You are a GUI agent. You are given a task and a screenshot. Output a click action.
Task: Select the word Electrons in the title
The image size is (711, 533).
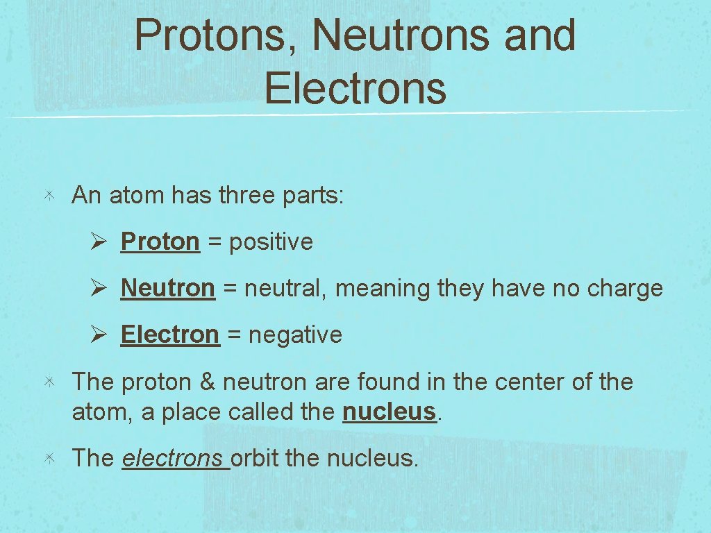coord(355,89)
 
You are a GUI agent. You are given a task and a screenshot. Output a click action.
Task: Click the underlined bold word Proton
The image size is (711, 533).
coord(160,242)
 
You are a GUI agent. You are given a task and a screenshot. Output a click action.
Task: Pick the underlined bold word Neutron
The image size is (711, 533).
coord(167,288)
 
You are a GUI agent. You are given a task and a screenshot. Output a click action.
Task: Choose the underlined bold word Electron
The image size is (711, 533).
coord(169,335)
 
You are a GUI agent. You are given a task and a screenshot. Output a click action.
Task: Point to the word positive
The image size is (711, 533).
coord(271,243)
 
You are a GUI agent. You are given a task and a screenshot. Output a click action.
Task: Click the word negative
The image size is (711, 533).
coord(295,335)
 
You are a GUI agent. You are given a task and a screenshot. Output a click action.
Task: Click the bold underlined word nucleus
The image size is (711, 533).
coord(389,412)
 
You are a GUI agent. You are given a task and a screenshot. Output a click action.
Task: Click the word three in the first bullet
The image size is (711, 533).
coord(247,196)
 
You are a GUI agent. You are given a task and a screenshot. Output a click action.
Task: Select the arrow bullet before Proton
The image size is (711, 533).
coord(97,242)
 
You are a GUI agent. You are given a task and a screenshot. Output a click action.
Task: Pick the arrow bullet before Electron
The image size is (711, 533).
coord(97,335)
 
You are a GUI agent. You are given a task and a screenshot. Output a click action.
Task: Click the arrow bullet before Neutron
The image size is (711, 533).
coord(97,288)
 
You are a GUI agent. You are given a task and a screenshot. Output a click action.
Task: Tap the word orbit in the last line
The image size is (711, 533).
coord(255,458)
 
